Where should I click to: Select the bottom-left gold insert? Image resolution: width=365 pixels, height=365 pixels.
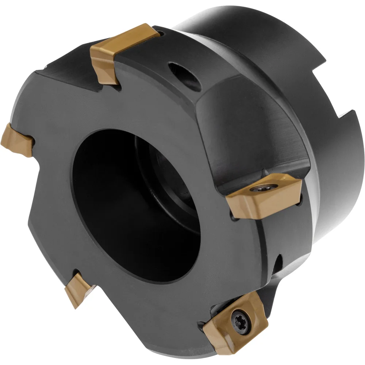(x=78, y=288)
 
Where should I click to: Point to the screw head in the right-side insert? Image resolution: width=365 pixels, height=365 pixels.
(x=260, y=189)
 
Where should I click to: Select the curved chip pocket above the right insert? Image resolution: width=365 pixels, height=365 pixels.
(x=252, y=139)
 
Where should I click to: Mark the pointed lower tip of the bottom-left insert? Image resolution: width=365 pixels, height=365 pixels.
(x=75, y=305)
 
